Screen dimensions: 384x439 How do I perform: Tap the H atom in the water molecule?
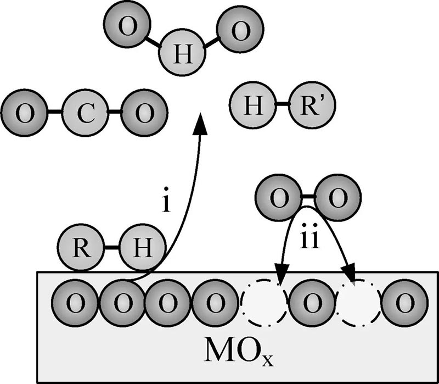[x=181, y=55]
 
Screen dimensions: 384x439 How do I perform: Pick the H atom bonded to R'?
[x=253, y=104]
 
